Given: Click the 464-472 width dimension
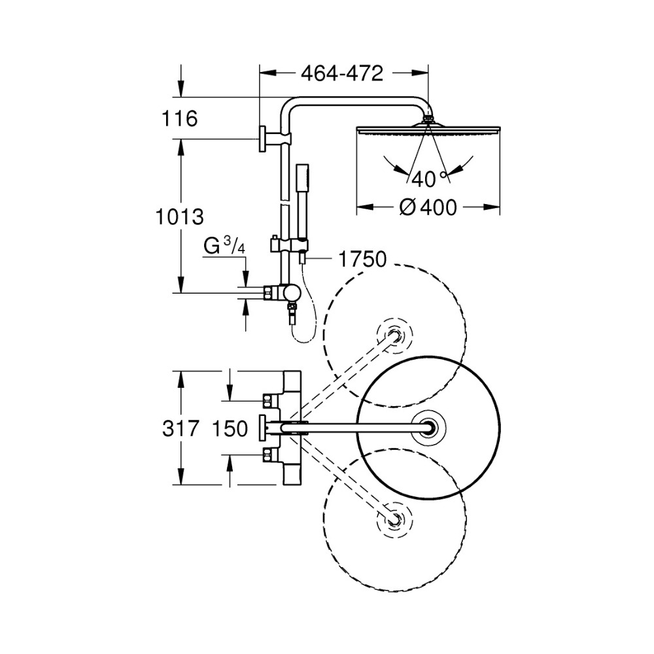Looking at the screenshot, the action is click(x=342, y=74).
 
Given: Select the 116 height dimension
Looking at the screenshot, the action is click(x=179, y=118).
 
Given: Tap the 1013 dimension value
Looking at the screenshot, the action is click(x=179, y=217).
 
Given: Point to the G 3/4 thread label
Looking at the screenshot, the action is click(x=224, y=246).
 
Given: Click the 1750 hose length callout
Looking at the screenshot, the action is click(x=362, y=259).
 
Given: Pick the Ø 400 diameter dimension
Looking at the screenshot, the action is click(x=428, y=207).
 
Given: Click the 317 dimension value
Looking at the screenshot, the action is click(x=181, y=428).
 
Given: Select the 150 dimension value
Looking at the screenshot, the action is click(x=230, y=428).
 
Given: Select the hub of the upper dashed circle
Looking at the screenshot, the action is click(x=394, y=336).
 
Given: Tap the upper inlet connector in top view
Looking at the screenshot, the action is click(x=269, y=400).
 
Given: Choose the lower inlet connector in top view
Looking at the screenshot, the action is click(x=269, y=455).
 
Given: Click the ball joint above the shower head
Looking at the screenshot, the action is click(x=428, y=120).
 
